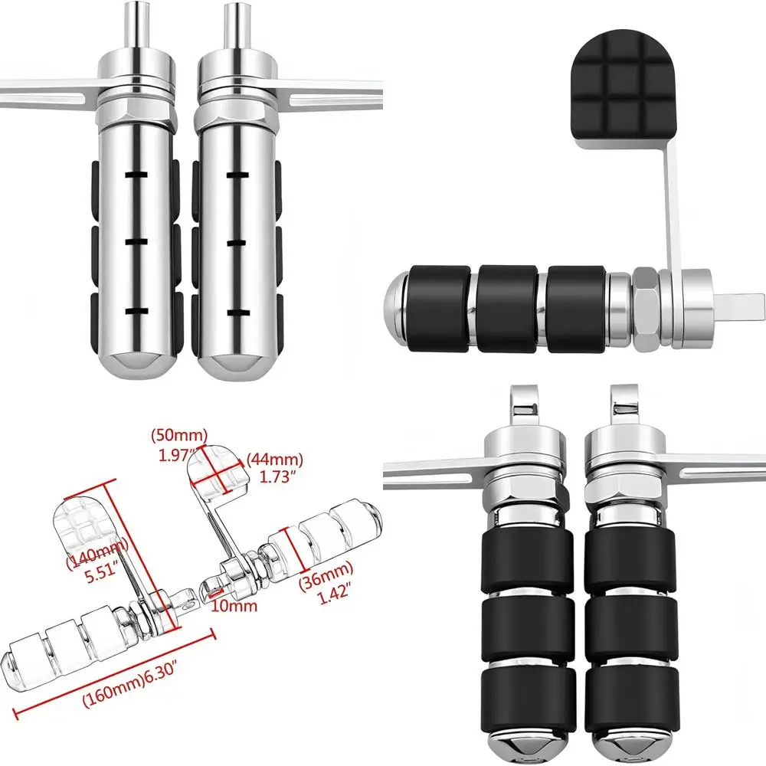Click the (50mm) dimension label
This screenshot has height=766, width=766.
click(x=178, y=436)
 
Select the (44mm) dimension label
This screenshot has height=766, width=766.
click(x=274, y=460)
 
